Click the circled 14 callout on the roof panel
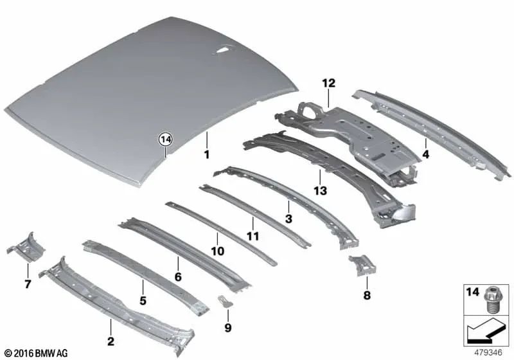coord(166,139)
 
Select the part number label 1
coord(207,155)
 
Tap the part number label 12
coord(329,83)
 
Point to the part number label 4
coord(426,155)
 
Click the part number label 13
coord(320,191)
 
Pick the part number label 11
coord(253,236)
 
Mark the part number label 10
coord(217,251)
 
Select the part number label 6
coord(177,277)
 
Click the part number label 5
coord(143,300)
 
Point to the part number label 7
coord(27,283)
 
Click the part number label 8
coord(367,296)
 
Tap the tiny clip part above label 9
coord(225,301)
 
